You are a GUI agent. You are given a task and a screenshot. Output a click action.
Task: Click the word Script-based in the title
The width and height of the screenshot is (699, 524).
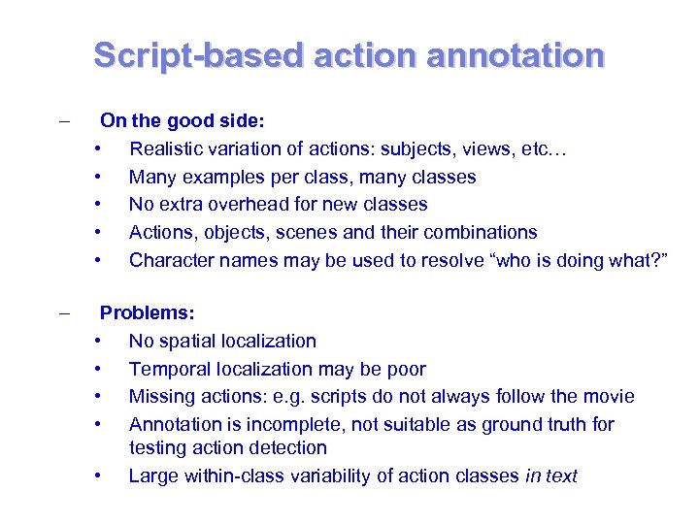(198, 54)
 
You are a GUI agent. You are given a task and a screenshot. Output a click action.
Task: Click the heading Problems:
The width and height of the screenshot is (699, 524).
(148, 313)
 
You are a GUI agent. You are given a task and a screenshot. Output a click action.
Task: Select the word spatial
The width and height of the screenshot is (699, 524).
(185, 341)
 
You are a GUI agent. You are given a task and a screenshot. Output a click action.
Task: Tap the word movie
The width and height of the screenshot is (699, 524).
(609, 396)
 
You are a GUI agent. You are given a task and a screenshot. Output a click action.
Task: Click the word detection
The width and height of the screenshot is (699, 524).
(287, 447)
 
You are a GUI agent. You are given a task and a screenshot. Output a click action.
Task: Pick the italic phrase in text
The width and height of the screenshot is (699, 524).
(550, 475)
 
